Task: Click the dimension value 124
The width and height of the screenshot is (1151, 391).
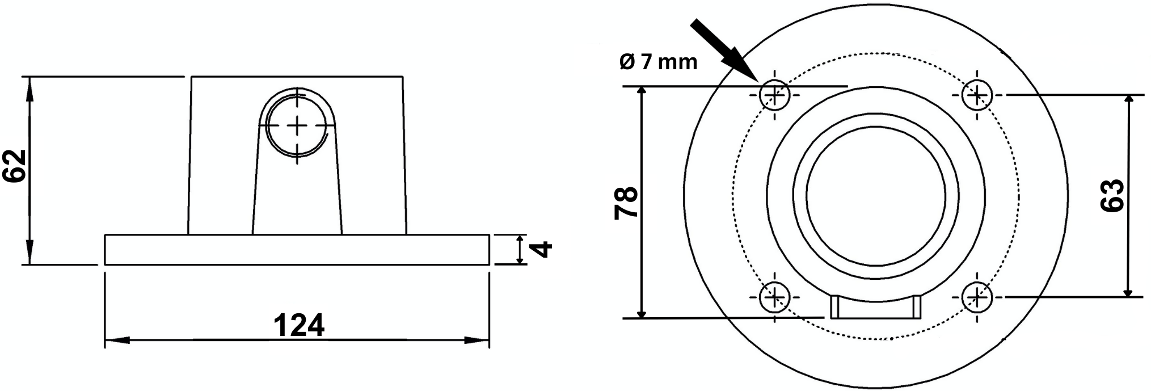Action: click(x=299, y=325)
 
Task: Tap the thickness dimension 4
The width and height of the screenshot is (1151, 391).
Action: click(x=543, y=249)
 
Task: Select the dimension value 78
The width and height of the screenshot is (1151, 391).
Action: click(x=626, y=203)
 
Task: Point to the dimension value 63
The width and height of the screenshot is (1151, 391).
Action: click(x=1112, y=196)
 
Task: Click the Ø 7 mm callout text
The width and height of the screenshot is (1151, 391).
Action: click(x=658, y=62)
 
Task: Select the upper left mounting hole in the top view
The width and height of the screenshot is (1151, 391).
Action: click(x=774, y=95)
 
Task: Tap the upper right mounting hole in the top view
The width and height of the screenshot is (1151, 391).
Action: click(x=977, y=95)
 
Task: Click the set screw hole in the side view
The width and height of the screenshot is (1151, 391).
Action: click(x=297, y=125)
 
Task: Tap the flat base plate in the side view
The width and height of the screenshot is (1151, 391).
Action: click(x=297, y=250)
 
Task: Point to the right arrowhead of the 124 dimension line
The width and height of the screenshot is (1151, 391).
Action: click(x=478, y=340)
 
